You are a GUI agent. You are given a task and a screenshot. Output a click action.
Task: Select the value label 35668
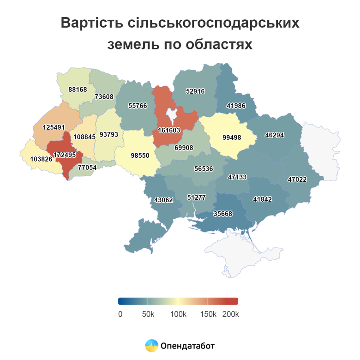tap(223, 214)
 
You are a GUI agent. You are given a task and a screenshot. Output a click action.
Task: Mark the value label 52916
tap(195, 91)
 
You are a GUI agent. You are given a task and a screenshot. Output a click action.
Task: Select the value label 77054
tap(87, 168)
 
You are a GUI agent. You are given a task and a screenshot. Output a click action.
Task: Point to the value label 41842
tap(263, 199)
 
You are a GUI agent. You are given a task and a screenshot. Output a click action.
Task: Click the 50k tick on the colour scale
tap(148, 314)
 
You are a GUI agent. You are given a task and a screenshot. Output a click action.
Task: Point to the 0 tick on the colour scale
tap(120, 314)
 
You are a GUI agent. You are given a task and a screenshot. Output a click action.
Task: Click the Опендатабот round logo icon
tap(151, 345)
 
